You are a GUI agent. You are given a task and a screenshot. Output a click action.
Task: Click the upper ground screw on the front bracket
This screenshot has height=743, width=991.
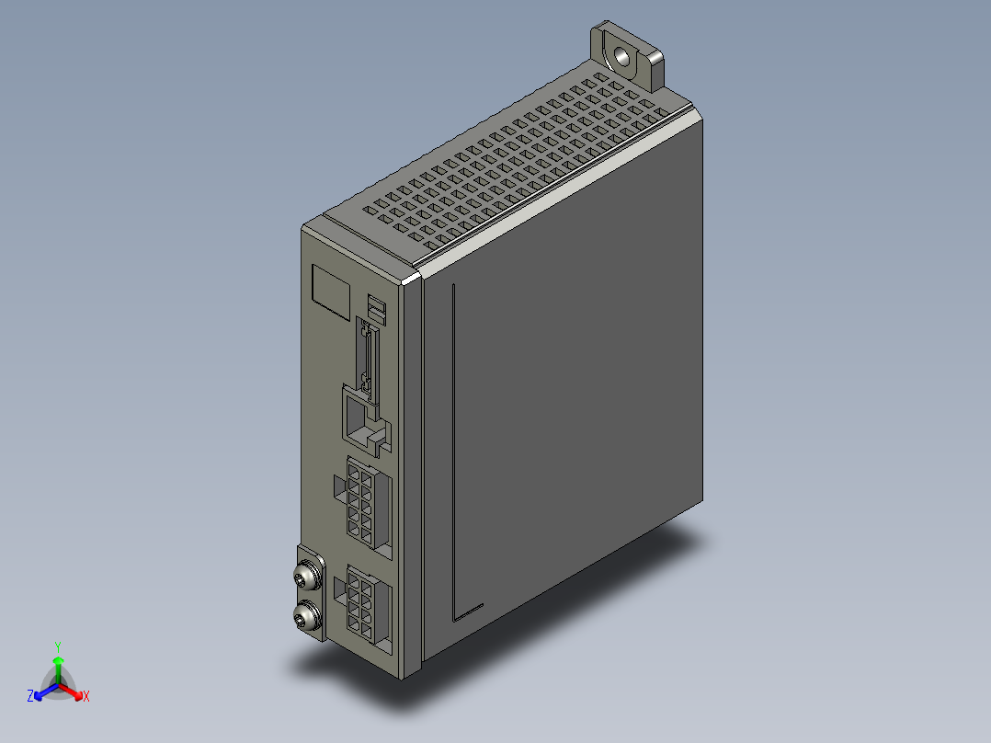click(x=305, y=577)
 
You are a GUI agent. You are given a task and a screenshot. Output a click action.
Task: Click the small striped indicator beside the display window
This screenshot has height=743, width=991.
click(x=377, y=308)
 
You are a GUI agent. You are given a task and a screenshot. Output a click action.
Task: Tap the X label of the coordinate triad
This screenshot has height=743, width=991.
click(x=85, y=696)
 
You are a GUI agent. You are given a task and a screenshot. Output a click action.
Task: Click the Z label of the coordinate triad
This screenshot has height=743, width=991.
click(x=30, y=696)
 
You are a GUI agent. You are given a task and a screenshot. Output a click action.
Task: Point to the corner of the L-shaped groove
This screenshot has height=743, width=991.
click(x=455, y=616)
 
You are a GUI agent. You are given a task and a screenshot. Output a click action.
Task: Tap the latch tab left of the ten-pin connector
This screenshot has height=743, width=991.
click(x=336, y=486)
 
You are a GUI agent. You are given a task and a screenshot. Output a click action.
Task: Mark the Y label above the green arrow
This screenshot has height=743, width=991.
click(x=58, y=646)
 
